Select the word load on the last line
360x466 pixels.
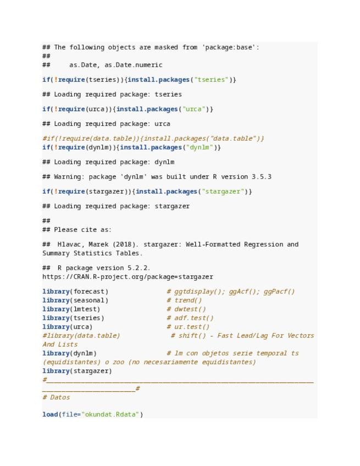[x=50, y=414]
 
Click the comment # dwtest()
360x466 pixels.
[x=186, y=309]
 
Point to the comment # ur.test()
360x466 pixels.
[x=189, y=326]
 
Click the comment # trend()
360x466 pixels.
[x=184, y=300]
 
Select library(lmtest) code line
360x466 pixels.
[x=71, y=309]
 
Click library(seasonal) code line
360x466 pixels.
[x=75, y=300]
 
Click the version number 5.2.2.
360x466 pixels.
[x=139, y=268]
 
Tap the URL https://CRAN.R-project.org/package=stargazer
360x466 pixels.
[x=128, y=276]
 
